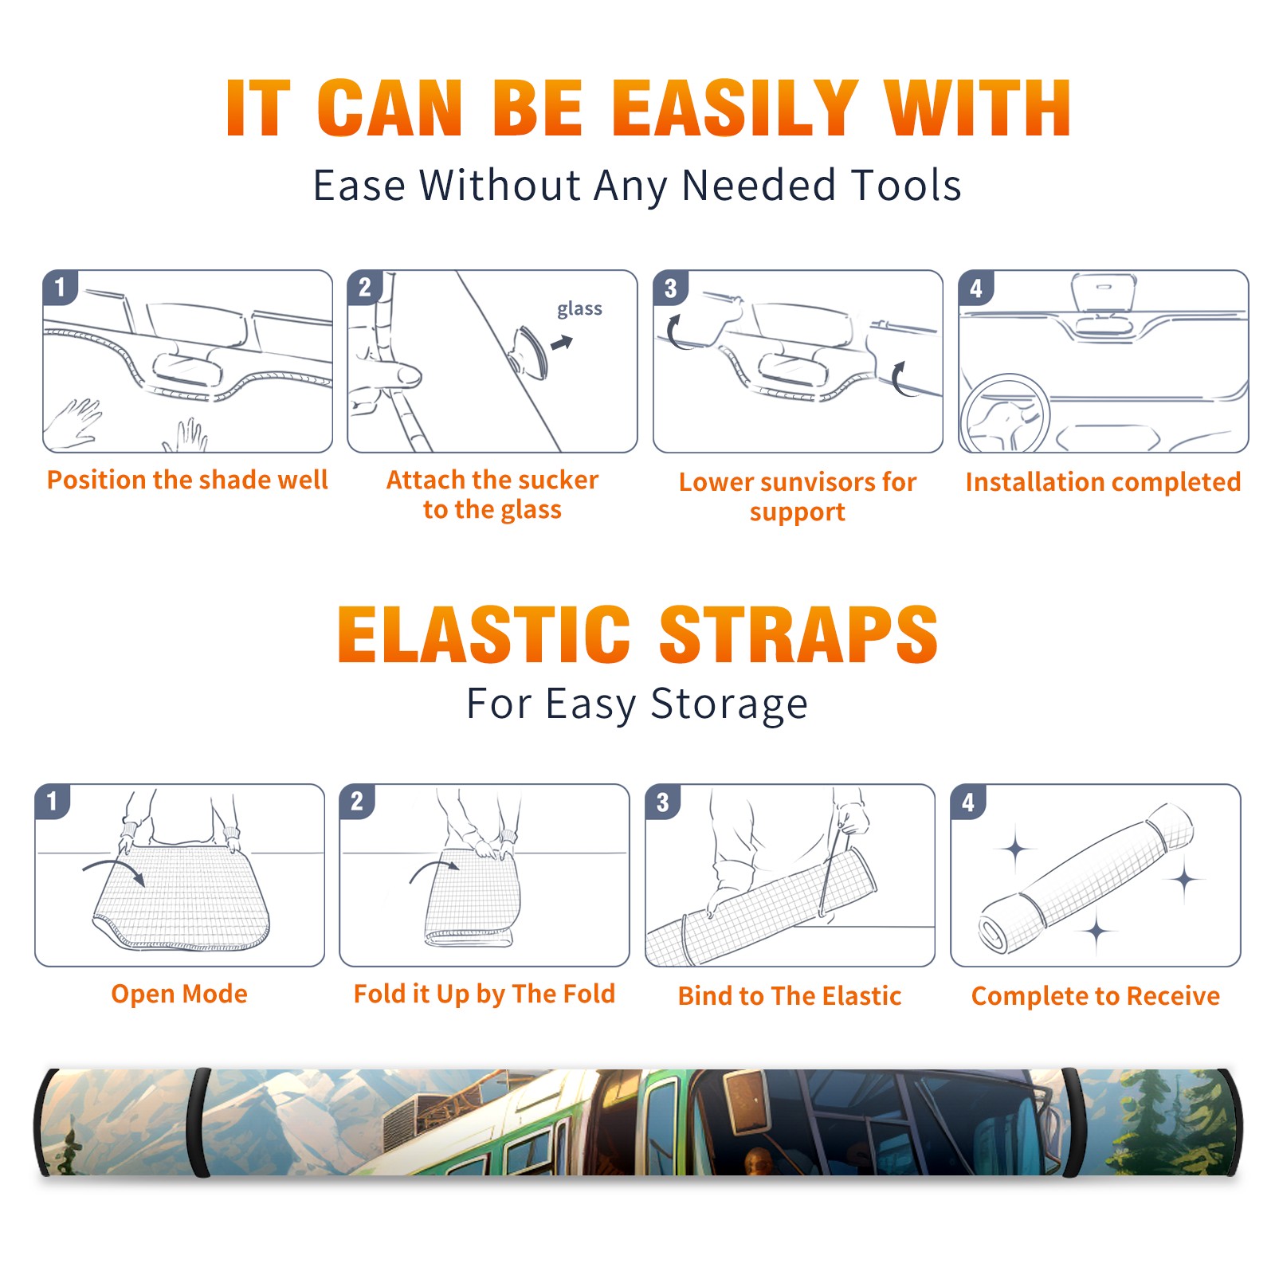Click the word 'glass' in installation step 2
click(579, 309)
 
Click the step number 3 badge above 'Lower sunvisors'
click(670, 288)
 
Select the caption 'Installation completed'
click(1103, 481)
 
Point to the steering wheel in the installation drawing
click(1005, 414)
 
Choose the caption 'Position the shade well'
click(187, 480)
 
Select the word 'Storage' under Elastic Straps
click(729, 705)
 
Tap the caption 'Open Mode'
click(179, 994)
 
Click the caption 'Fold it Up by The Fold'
click(484, 994)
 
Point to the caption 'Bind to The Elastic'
click(790, 995)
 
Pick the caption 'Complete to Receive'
click(1096, 995)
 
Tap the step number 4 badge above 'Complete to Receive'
click(968, 802)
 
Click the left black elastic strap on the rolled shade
click(202, 1123)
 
